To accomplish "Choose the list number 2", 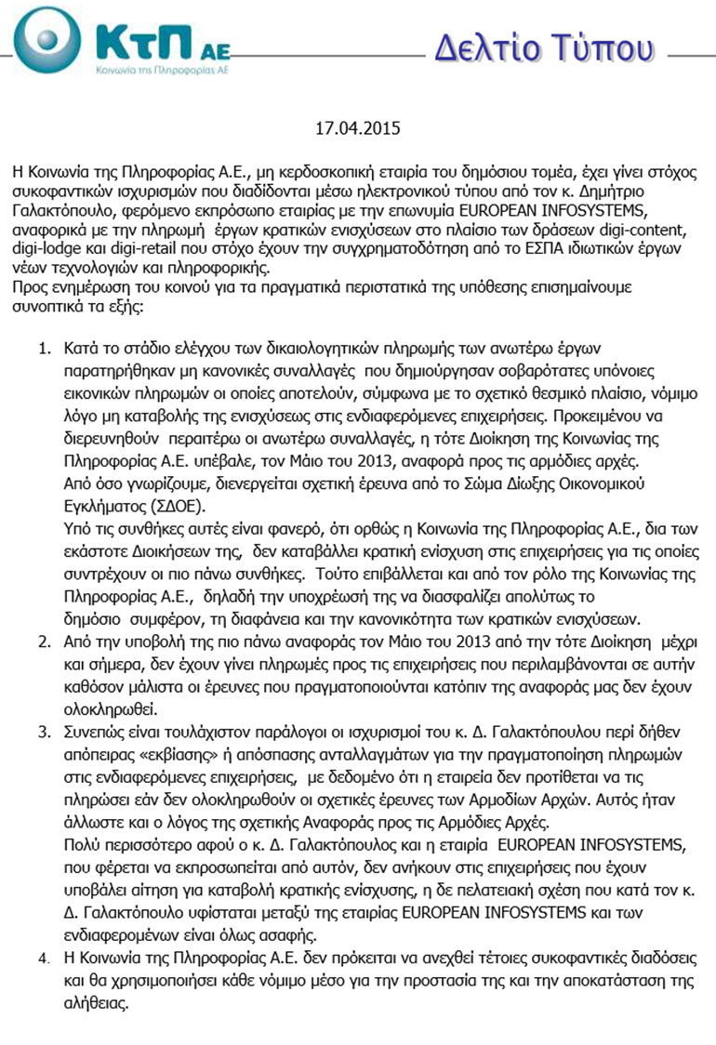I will [x=43, y=642].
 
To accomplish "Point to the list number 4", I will [x=43, y=958].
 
